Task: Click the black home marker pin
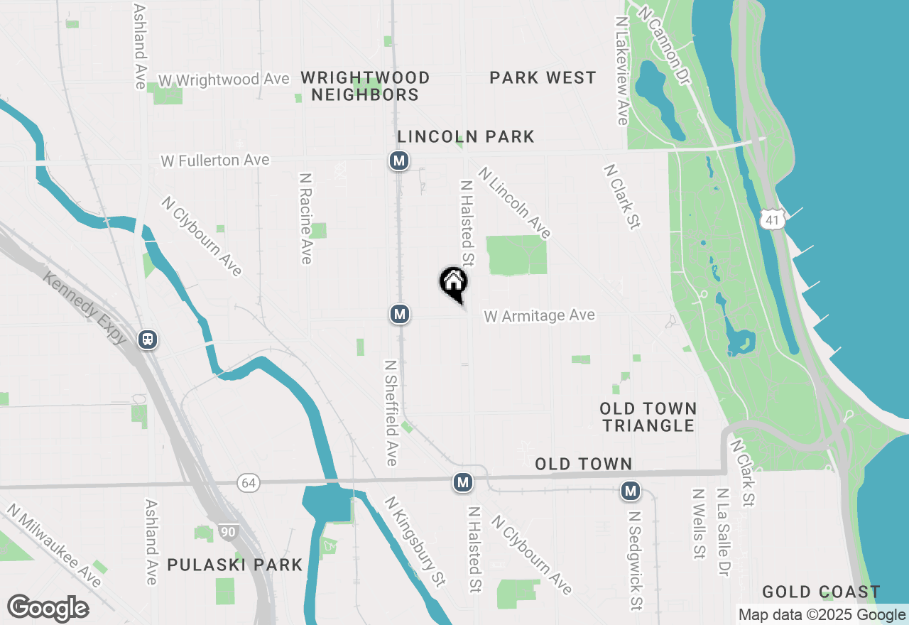coord(453,283)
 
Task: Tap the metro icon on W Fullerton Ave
coord(399,161)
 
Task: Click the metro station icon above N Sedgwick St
coord(630,490)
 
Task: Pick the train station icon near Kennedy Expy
coord(148,339)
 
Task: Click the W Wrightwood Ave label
coord(224,79)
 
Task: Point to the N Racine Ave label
coord(306,218)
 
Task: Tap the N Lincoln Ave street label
coord(515,202)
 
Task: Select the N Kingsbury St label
coord(415,541)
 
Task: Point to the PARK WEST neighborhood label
coord(543,77)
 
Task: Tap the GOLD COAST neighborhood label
coord(821,592)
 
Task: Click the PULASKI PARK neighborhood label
coord(235,565)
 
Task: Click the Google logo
coord(48,609)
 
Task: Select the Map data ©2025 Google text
coord(822,615)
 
